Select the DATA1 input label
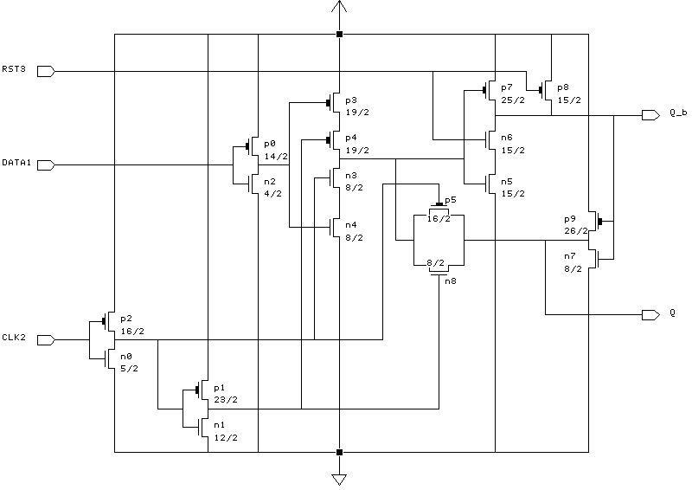click(16, 162)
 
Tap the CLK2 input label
click(14, 338)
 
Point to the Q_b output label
click(678, 113)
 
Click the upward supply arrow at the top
click(338, 10)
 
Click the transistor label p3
click(350, 100)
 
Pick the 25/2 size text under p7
click(512, 100)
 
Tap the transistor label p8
click(563, 87)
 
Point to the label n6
click(506, 138)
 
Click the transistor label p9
click(569, 218)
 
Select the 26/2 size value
click(575, 231)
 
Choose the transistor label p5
click(451, 200)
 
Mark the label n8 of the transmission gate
click(451, 280)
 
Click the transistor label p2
click(125, 318)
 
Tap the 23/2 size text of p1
click(225, 399)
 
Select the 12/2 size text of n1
click(225, 437)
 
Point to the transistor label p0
click(269, 144)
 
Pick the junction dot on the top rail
click(338, 35)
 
